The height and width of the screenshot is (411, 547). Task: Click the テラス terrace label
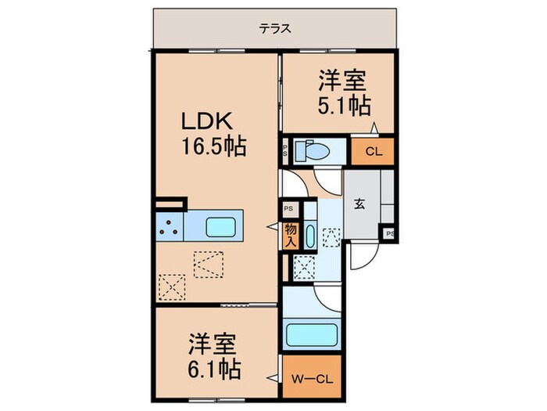click(275, 29)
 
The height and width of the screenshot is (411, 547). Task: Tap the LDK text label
click(206, 121)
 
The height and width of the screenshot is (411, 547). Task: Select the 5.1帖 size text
click(343, 105)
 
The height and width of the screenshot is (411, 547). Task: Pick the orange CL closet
click(372, 152)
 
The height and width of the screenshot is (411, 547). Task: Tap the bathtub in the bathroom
click(312, 335)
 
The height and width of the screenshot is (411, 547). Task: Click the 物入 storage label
click(290, 235)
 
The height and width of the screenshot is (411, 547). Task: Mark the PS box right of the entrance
click(388, 233)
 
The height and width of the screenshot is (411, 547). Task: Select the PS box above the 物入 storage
click(288, 209)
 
